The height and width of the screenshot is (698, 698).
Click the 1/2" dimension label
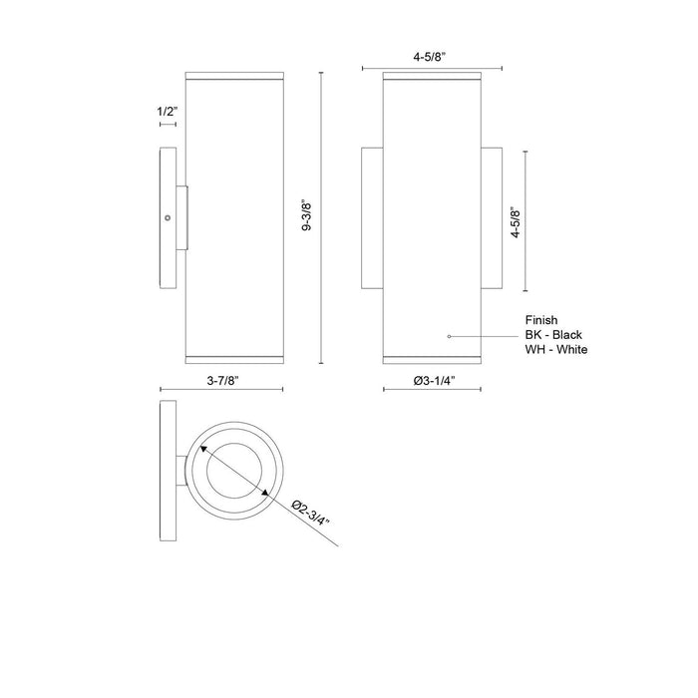167,113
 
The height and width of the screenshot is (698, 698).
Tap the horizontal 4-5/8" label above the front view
432,58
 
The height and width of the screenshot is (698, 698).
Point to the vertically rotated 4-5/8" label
513,220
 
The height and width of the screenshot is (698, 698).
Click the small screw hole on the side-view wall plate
168,217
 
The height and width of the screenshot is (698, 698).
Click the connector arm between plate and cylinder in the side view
182,217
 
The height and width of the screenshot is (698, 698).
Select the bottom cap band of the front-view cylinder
433,355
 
